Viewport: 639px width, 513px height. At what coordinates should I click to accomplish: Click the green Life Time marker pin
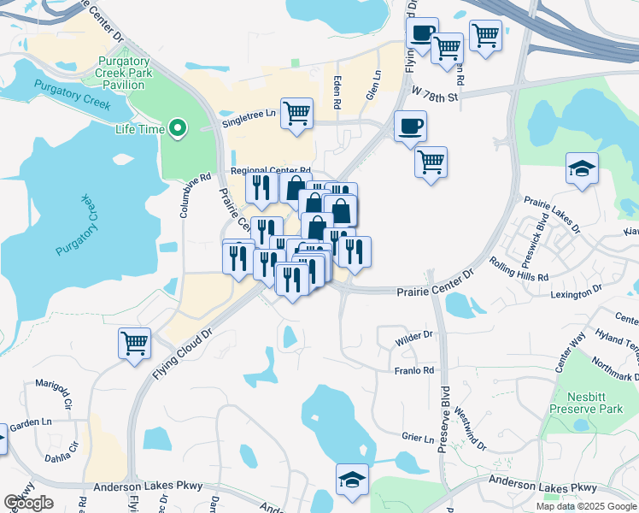[178, 129]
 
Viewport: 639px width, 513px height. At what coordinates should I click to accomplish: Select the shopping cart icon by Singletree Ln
[296, 113]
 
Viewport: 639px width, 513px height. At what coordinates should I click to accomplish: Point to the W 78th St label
[435, 91]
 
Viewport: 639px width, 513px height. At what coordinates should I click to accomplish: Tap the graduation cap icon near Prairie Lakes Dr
[582, 168]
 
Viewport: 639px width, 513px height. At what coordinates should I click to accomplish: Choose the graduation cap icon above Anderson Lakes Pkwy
[351, 481]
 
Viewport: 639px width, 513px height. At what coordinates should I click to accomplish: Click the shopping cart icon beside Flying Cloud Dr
[135, 344]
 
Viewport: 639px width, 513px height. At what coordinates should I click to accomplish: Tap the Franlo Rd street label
[414, 370]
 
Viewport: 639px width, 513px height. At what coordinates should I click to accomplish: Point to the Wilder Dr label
[415, 339]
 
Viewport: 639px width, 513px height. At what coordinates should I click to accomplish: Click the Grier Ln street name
[417, 439]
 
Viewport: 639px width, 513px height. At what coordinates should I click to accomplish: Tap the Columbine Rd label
[184, 196]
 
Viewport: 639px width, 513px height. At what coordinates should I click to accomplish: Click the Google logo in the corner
[28, 503]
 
